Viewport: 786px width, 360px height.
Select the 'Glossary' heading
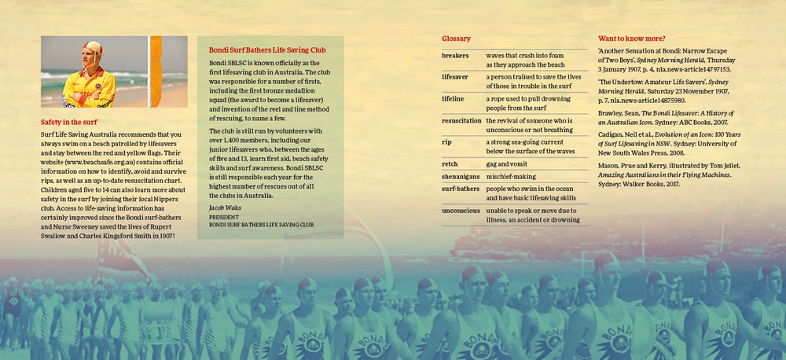(456, 39)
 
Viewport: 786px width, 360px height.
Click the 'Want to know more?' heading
(632, 39)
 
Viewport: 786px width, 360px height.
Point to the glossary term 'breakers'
(455, 57)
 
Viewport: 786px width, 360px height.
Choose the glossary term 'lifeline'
(453, 99)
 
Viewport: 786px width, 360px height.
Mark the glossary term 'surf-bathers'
(461, 189)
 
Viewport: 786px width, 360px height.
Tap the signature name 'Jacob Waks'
(224, 208)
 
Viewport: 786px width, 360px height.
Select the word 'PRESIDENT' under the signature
(224, 216)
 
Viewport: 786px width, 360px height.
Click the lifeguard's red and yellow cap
(94, 48)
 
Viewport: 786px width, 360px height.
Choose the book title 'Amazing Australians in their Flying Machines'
(673, 174)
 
